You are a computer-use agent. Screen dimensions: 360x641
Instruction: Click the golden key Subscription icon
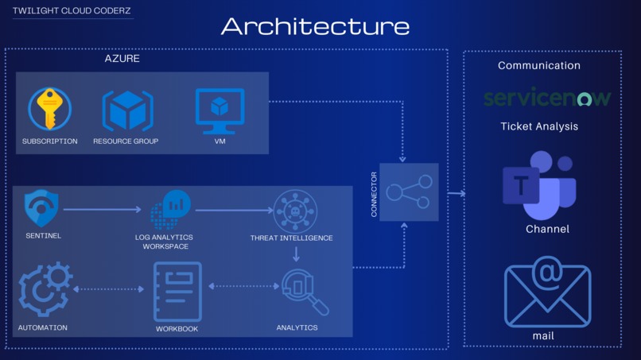pos(49,109)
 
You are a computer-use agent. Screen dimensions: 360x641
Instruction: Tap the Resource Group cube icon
pos(127,110)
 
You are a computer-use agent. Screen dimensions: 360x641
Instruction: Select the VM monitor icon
pos(219,111)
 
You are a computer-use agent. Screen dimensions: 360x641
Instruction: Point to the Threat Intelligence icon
pos(295,211)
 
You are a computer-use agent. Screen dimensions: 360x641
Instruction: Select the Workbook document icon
pos(177,291)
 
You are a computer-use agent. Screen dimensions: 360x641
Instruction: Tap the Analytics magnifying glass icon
pos(303,292)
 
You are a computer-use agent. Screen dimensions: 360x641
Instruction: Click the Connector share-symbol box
pos(409,192)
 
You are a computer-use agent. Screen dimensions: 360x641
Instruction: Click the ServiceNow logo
pos(547,98)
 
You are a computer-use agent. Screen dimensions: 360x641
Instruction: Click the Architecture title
pos(315,26)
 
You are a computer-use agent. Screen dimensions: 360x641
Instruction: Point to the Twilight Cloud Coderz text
pos(72,11)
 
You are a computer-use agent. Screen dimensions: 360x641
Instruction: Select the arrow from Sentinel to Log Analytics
pos(103,210)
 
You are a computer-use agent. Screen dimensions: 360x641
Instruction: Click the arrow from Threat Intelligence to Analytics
pos(296,254)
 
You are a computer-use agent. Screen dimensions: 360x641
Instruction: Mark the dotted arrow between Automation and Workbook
pos(108,289)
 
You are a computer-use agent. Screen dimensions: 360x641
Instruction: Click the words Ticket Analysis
pos(539,126)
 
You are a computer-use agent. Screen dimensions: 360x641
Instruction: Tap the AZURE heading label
pos(122,59)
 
